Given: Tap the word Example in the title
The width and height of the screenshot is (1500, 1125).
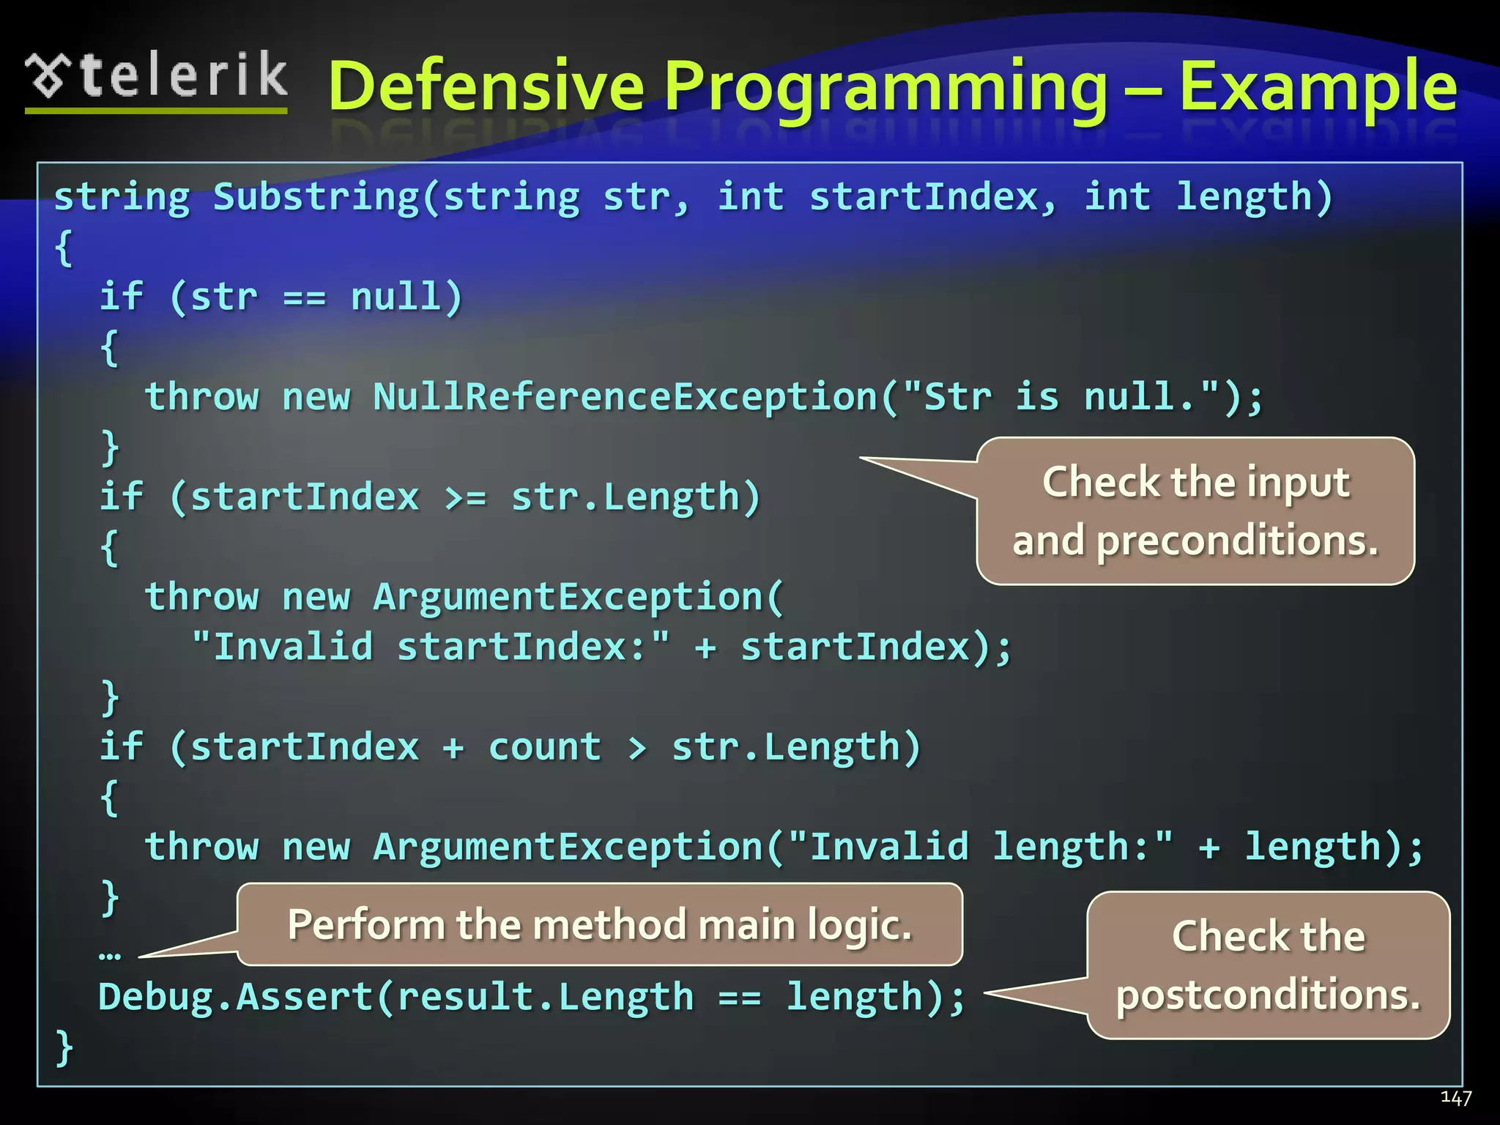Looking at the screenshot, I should [1317, 87].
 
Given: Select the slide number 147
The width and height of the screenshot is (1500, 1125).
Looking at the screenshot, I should [1455, 1097].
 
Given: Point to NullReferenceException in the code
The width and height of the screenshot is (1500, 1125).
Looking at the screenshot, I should [626, 397].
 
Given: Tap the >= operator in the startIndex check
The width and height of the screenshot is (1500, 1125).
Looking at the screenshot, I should [465, 497].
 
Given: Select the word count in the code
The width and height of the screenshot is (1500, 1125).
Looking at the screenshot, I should [545, 747].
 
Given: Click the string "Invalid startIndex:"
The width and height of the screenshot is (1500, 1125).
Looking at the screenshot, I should [431, 647].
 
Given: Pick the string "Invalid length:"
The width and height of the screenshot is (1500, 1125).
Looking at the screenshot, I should [981, 847].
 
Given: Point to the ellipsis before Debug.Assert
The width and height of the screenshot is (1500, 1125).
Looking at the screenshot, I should [109, 954].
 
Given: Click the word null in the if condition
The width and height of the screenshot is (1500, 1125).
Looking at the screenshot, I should [396, 297].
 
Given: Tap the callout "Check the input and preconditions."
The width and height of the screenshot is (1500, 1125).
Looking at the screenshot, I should [1195, 511].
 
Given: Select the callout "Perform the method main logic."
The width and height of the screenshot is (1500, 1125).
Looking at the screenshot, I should [599, 924].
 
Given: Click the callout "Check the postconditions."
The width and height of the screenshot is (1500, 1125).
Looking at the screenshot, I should [1268, 965].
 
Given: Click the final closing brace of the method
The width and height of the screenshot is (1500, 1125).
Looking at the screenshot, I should [64, 1047].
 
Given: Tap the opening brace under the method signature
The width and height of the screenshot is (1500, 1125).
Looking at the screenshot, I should [64, 248].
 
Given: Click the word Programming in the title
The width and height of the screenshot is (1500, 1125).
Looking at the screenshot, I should [886, 87].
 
